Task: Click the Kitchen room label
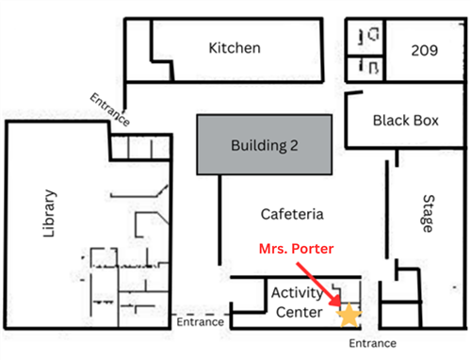pos(235,48)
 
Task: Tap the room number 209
pos(425,50)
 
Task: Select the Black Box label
pos(406,121)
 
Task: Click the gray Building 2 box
pos(265,144)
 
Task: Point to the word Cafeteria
pos(292,214)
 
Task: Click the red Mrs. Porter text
pos(296,249)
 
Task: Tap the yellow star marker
pos(349,315)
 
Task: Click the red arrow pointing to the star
pos(319,285)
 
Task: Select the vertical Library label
pos(49,213)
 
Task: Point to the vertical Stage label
pos(429,213)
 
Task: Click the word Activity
pos(297,294)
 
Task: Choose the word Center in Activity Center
pos(300,312)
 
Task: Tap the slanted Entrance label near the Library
pos(110,109)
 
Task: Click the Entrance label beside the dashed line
pos(201,322)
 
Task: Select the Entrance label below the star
pos(373,343)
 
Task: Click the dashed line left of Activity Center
pos(201,314)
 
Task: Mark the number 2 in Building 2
pos(294,146)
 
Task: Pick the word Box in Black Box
pos(426,121)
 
